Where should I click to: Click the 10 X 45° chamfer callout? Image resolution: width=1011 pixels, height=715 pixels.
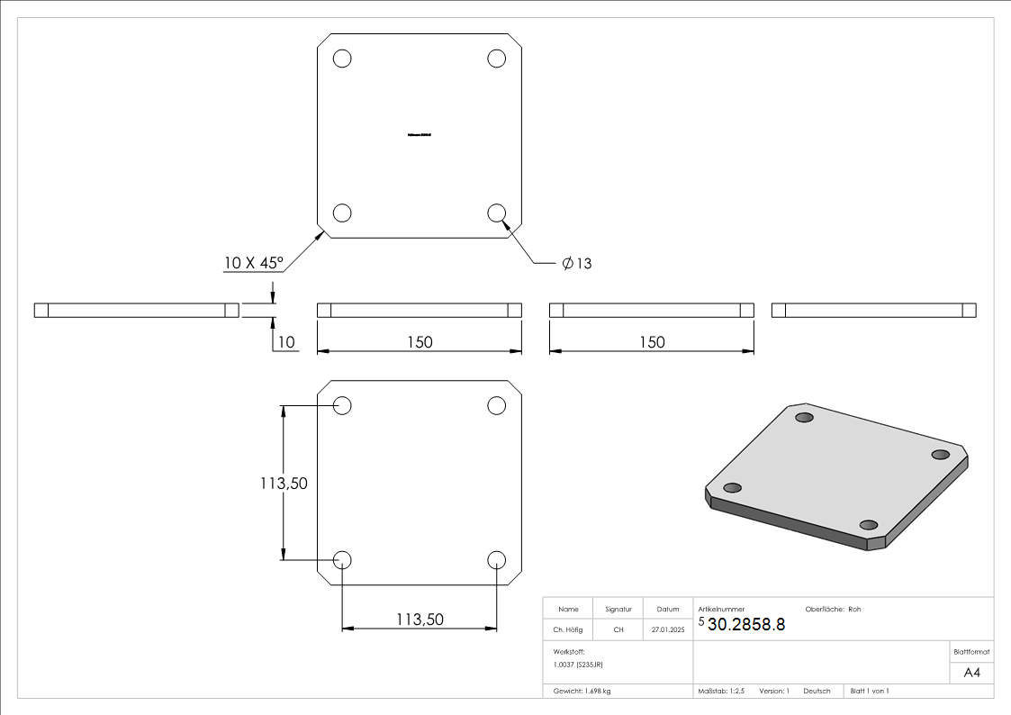pyautogui.click(x=254, y=263)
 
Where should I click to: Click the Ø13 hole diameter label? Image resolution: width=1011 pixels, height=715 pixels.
pyautogui.click(x=576, y=263)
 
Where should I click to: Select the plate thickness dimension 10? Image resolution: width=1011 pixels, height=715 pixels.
pyautogui.click(x=286, y=342)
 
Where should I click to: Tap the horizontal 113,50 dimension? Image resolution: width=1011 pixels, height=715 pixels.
pyautogui.click(x=420, y=619)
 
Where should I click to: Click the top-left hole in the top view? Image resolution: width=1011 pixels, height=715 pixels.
pyautogui.click(x=342, y=59)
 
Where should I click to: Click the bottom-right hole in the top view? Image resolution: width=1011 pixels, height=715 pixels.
pyautogui.click(x=496, y=213)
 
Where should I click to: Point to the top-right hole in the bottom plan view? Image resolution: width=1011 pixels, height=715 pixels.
pyautogui.click(x=496, y=405)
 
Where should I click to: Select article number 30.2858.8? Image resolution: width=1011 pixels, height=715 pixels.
pyautogui.click(x=746, y=624)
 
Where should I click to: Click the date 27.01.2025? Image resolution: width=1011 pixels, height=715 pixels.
pyautogui.click(x=667, y=629)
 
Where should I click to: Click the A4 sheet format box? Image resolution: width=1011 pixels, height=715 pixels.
pyautogui.click(x=971, y=673)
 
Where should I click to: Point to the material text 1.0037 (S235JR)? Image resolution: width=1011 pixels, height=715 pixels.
pyautogui.click(x=578, y=664)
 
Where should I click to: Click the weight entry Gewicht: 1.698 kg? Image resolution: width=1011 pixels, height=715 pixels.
pyautogui.click(x=582, y=691)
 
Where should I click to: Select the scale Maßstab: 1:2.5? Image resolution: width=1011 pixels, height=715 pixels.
pyautogui.click(x=721, y=691)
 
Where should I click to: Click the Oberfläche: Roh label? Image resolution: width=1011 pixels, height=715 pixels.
pyautogui.click(x=833, y=609)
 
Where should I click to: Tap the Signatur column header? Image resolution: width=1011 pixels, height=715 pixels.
pyautogui.click(x=618, y=609)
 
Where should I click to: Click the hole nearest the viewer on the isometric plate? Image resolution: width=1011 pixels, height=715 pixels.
pyautogui.click(x=869, y=525)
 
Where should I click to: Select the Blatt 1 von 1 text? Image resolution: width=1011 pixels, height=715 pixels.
pyautogui.click(x=870, y=691)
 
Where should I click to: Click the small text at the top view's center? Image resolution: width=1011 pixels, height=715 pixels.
pyautogui.click(x=420, y=135)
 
